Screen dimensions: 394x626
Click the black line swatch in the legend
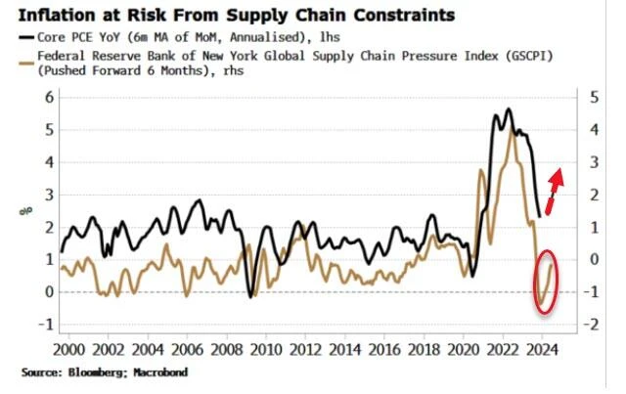pyautogui.click(x=16, y=36)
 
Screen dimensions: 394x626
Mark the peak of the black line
pyautogui.click(x=508, y=109)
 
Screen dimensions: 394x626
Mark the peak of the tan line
pyautogui.click(x=511, y=131)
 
